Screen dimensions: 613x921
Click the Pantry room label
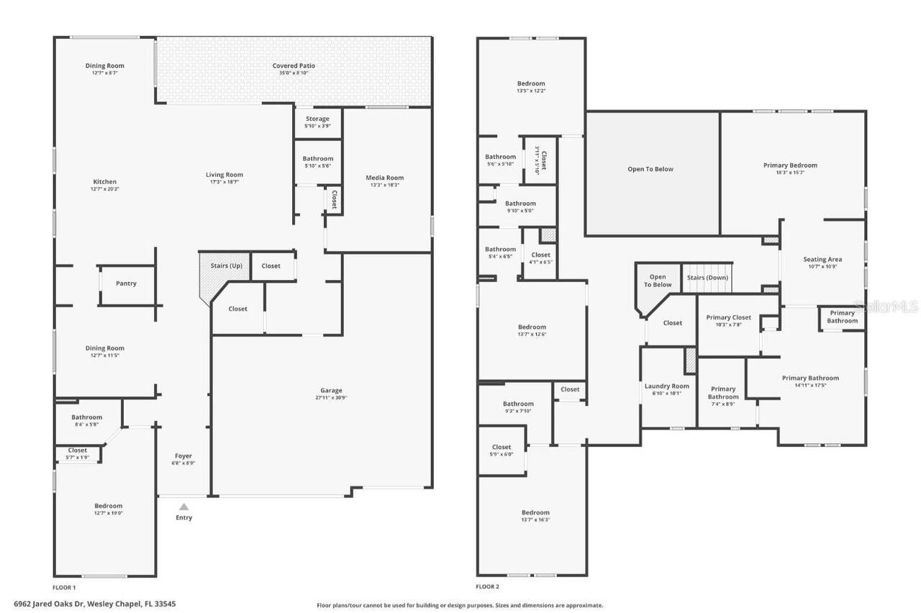(x=126, y=283)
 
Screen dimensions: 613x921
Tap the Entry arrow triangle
(x=183, y=507)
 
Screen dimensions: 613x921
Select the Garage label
(x=331, y=391)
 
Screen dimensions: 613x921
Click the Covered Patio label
(x=294, y=65)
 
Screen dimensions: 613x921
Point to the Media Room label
(x=385, y=178)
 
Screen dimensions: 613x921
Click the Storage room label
(x=317, y=119)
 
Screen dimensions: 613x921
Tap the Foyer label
(x=183, y=456)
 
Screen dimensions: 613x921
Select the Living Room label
(x=224, y=174)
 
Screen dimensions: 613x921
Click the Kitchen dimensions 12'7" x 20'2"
(x=104, y=189)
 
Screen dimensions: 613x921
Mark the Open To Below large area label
(x=650, y=169)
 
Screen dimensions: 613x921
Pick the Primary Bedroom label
(x=790, y=165)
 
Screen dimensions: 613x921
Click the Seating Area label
(x=822, y=259)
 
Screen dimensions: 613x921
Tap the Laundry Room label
(x=666, y=386)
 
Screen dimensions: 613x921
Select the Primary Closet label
(x=728, y=317)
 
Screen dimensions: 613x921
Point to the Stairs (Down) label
(x=707, y=277)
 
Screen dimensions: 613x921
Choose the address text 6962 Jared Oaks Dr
(x=49, y=604)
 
